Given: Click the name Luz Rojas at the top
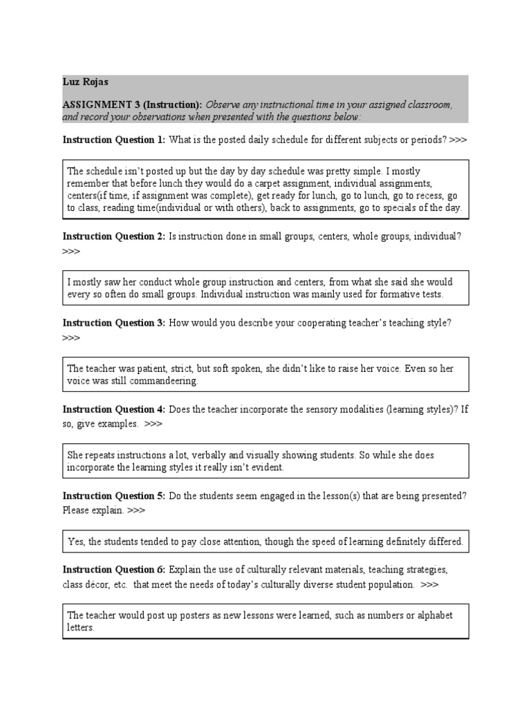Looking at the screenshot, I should [85, 82].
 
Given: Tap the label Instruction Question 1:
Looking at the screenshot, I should [114, 140].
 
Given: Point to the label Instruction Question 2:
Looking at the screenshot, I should [114, 236].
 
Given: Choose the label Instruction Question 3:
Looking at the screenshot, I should [114, 323].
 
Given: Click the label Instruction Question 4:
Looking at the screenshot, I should [114, 409].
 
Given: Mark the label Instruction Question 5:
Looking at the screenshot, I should [114, 496].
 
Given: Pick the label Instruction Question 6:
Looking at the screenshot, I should [114, 570].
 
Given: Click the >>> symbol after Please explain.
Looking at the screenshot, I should [136, 510].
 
